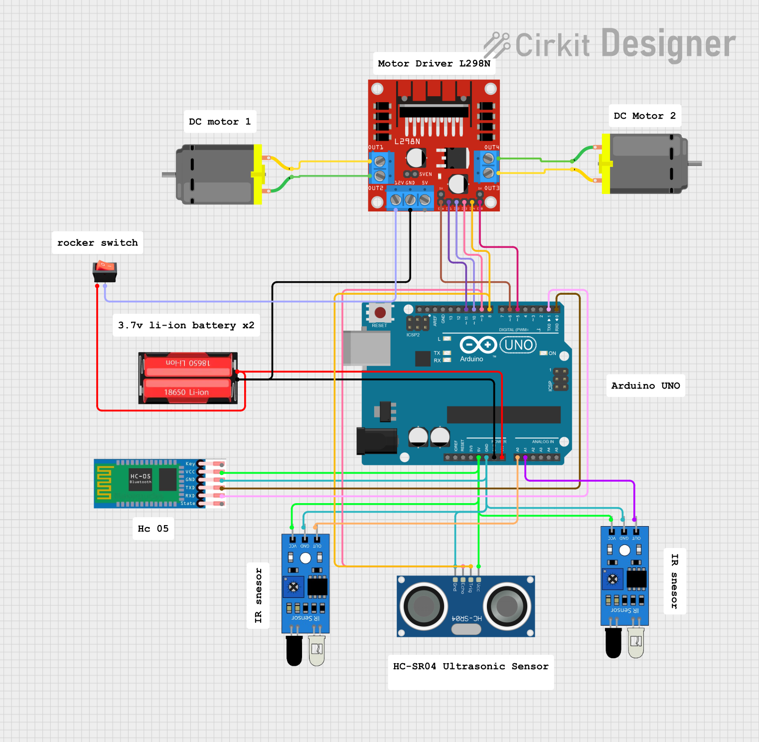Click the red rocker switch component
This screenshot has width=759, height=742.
coord(105,271)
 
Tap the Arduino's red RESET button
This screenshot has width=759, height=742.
coord(380,313)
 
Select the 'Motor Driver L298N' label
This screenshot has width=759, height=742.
coord(434,63)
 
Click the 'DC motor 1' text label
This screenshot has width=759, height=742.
coord(220,122)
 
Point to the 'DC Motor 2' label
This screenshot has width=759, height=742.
coord(645,116)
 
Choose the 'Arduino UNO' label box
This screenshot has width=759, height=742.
coord(645,385)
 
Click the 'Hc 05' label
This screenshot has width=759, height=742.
coord(153,529)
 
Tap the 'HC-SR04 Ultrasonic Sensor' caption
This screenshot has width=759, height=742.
coord(470,666)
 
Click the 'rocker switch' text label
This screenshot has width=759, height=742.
coord(97,243)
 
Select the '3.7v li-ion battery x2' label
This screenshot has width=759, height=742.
coord(186,325)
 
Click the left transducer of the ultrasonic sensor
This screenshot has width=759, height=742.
coord(424,606)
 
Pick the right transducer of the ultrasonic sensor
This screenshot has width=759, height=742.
coord(507,606)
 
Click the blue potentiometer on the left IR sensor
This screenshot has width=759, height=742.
coord(294,587)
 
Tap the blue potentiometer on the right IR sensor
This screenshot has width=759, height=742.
coord(612,579)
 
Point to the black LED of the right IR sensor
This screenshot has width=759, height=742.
coord(613,643)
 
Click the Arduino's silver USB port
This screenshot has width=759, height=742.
coord(367,348)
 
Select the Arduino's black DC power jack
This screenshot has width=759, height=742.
coord(377,441)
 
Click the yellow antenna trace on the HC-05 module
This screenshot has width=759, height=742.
coord(104,482)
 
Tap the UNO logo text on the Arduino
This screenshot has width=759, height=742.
coord(518,345)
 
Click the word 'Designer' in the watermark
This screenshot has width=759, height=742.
coord(668,44)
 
